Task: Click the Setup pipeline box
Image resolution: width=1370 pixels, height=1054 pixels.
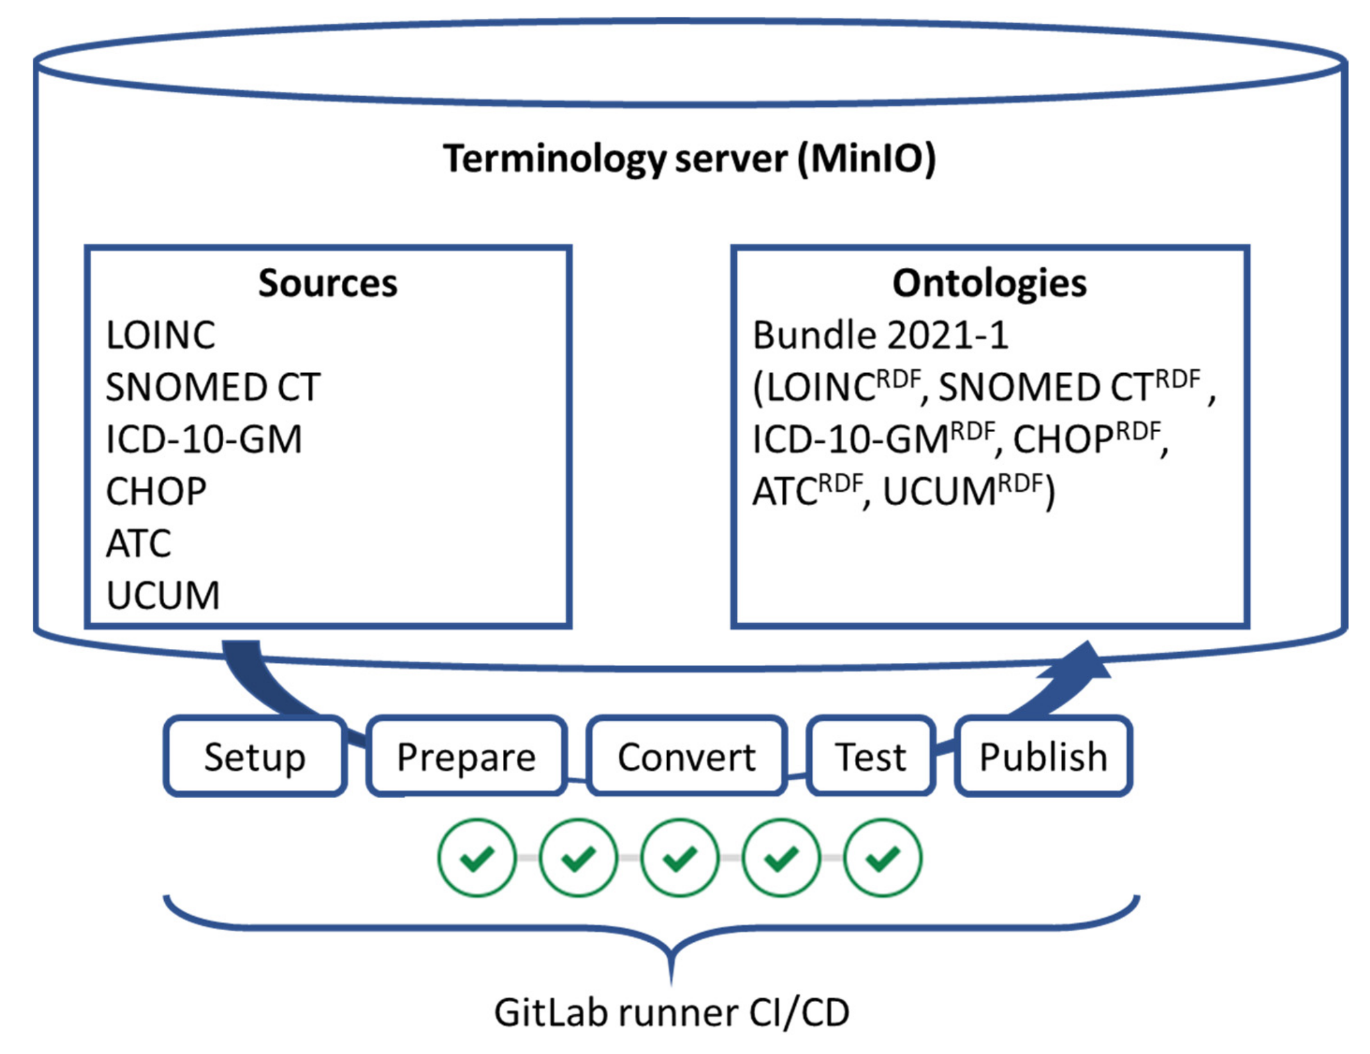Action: (x=255, y=757)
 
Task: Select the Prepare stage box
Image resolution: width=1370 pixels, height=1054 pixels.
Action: (x=466, y=757)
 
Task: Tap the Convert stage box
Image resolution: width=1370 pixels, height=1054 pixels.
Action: (x=686, y=757)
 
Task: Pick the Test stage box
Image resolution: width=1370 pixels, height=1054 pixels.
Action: (x=870, y=757)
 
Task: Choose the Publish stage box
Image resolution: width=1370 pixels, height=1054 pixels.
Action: (x=1044, y=757)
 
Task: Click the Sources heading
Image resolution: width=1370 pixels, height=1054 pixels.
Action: (x=328, y=283)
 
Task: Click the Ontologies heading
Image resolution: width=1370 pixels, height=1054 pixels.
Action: (x=990, y=283)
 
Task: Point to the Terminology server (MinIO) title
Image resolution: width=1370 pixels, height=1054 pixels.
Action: (x=689, y=158)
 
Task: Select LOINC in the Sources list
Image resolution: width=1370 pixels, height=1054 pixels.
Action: (x=160, y=335)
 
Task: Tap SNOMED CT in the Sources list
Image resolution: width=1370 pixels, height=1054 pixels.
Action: (x=213, y=388)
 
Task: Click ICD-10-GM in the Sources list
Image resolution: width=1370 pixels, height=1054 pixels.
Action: (x=203, y=440)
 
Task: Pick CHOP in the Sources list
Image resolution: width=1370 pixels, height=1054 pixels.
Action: (x=156, y=492)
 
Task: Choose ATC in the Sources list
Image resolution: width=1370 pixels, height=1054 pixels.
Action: (x=139, y=544)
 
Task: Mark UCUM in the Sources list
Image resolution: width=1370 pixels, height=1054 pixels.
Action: (x=163, y=596)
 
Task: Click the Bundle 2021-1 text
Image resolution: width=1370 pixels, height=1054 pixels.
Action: (x=880, y=335)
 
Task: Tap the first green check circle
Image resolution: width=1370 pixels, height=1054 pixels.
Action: (x=477, y=857)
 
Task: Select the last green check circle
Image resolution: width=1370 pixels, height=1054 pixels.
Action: (x=883, y=857)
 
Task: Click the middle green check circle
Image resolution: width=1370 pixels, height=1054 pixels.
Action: (x=680, y=857)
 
